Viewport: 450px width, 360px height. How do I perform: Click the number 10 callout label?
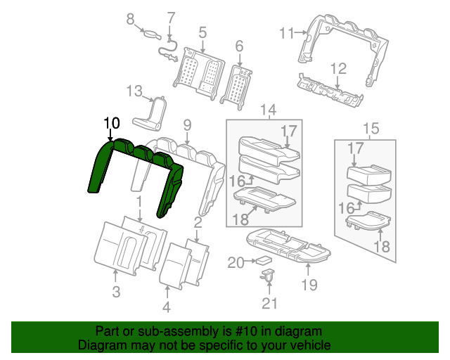pyautogui.click(x=111, y=123)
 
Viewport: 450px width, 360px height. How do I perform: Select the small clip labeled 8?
pyautogui.click(x=150, y=32)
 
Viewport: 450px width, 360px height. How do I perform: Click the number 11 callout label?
pyautogui.click(x=285, y=32)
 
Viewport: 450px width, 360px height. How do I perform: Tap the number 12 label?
pyautogui.click(x=339, y=68)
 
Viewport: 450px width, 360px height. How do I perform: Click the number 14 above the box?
pyautogui.click(x=269, y=109)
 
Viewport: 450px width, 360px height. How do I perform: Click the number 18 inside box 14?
pyautogui.click(x=240, y=219)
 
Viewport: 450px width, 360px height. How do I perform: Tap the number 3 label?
pyautogui.click(x=117, y=292)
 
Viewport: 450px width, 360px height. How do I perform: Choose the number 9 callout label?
pyautogui.click(x=187, y=125)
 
